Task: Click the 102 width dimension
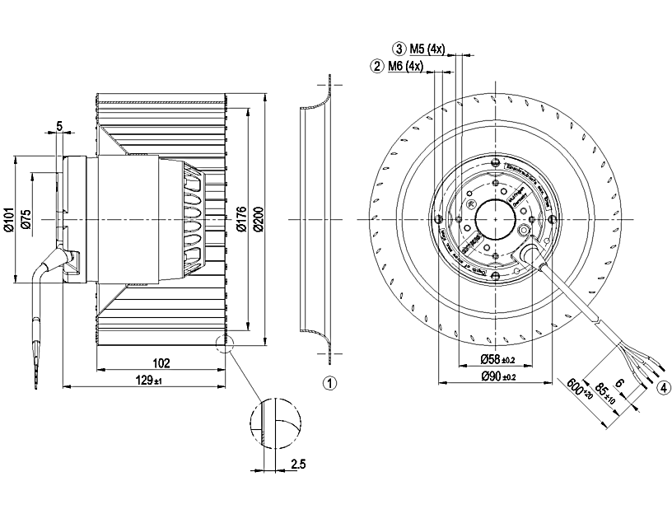pos(161,362)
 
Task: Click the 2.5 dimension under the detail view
pos(298,465)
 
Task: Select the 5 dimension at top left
pos(59,125)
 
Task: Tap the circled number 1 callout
pos(329,383)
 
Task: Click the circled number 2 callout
pos(377,66)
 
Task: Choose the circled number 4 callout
pos(662,391)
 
